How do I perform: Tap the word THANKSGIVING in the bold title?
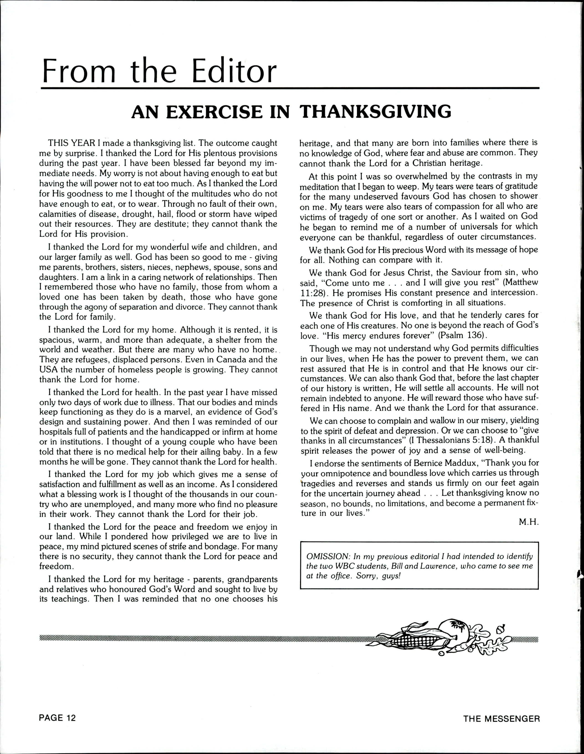[375, 112]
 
